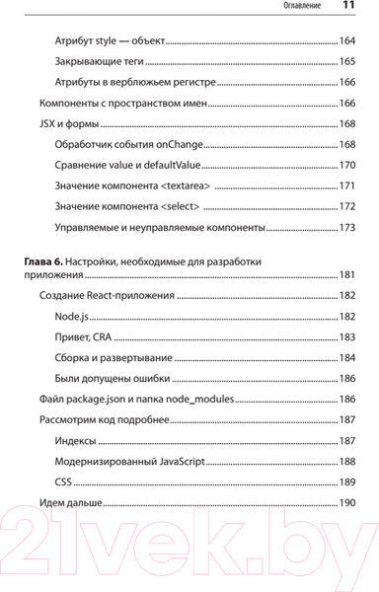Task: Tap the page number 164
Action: coord(346,42)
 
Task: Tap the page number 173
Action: coord(346,228)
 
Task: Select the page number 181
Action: coord(346,274)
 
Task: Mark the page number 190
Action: coord(346,503)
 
